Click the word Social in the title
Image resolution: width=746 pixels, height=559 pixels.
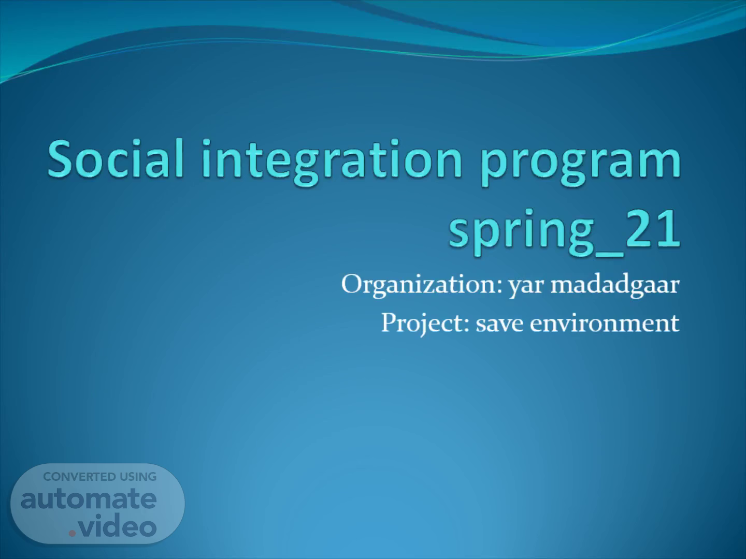(116, 158)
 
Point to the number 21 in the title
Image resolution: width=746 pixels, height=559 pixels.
(653, 228)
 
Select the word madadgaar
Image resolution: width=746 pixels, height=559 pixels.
(615, 285)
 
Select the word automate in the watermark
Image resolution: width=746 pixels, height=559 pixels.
(89, 499)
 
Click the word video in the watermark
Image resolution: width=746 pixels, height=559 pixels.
(118, 525)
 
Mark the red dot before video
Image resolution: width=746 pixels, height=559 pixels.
(72, 534)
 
